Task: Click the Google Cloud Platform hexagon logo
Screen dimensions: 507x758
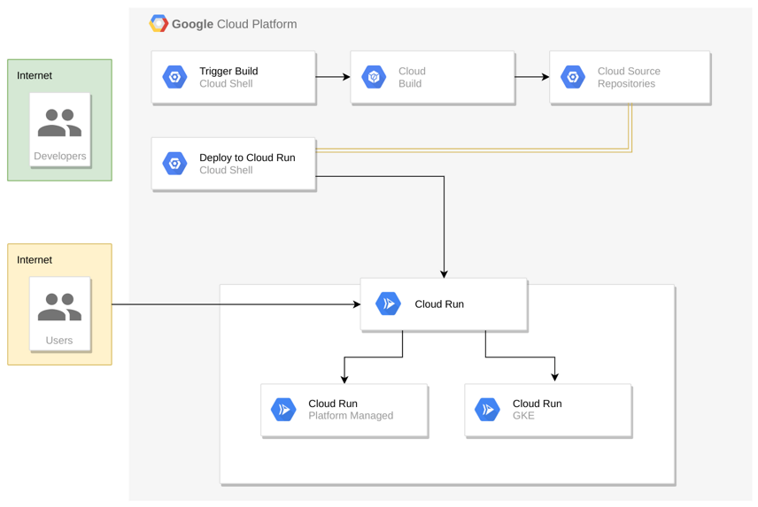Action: (159, 24)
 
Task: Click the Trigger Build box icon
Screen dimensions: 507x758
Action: (175, 78)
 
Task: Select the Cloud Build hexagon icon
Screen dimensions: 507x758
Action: (375, 78)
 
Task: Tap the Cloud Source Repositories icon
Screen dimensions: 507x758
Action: (574, 78)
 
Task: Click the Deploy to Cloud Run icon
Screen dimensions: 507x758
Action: (175, 164)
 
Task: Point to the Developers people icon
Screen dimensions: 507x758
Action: (59, 123)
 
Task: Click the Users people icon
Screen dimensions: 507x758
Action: (59, 307)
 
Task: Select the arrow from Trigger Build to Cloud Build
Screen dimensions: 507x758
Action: (333, 77)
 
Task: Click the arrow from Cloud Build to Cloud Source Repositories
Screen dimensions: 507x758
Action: (532, 77)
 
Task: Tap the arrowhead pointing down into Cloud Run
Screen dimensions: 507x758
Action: (444, 273)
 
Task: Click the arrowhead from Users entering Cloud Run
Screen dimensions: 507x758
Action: (356, 304)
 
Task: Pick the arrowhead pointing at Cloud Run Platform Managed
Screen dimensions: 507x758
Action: (344, 379)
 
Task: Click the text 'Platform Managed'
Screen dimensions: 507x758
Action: (351, 416)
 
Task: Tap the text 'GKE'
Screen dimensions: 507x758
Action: (523, 416)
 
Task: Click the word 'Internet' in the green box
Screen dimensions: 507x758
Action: (35, 76)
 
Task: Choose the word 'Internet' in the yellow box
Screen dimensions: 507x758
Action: (35, 260)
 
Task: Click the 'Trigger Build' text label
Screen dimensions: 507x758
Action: (228, 72)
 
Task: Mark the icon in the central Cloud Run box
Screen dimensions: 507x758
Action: (389, 304)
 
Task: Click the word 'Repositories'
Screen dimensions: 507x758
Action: (626, 84)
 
